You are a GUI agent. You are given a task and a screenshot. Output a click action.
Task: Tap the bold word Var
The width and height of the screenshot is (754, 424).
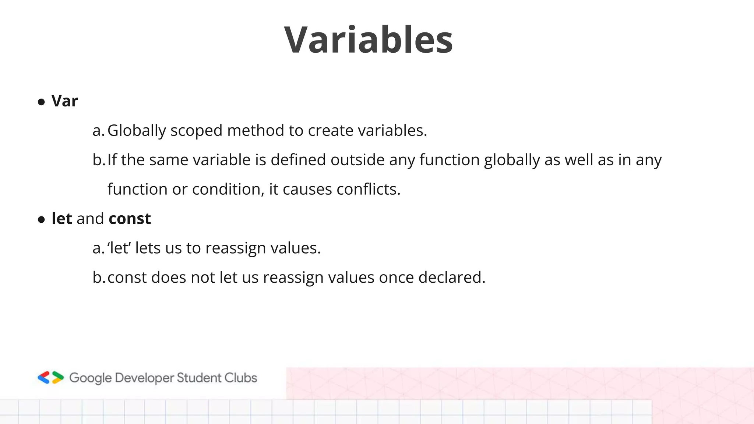coord(64,101)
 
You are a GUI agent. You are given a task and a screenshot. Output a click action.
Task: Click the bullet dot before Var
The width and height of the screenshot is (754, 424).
coord(41,102)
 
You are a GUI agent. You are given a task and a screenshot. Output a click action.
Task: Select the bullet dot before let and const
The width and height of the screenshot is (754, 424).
coord(41,220)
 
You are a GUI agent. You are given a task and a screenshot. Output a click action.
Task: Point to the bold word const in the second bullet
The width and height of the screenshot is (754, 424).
coord(130,219)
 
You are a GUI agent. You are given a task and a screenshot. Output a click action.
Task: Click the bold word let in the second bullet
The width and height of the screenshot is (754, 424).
coord(61,219)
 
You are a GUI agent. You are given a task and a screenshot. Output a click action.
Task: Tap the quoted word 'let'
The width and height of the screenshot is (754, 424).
coord(119,248)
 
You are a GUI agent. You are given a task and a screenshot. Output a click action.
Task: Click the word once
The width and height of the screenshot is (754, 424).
coord(396,278)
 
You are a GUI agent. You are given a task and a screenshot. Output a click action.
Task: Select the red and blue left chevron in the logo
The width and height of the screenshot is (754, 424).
coord(44,378)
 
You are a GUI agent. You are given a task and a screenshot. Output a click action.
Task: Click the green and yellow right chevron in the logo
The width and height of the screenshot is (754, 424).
coord(58,378)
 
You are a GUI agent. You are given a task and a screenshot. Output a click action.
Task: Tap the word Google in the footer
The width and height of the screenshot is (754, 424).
coord(90,378)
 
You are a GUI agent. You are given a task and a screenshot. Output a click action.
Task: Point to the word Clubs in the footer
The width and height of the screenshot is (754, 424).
coord(241,378)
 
